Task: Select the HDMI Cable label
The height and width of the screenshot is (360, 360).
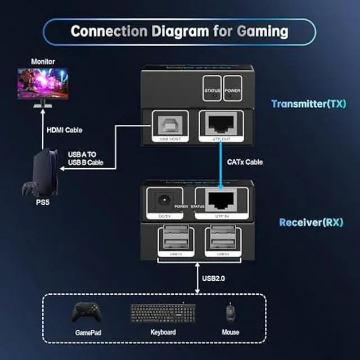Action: [64, 130]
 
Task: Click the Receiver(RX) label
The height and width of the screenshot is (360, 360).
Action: [311, 222]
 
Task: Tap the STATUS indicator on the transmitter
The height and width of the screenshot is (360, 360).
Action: [212, 91]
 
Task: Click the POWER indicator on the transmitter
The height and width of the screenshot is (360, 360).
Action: [232, 91]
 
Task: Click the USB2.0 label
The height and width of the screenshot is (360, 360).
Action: [214, 277]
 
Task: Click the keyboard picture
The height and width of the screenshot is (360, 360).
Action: [163, 313]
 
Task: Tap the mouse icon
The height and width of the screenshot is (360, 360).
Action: [230, 312]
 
